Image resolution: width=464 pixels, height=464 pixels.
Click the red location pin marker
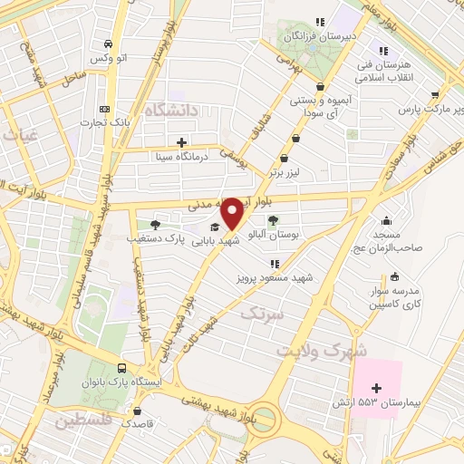[x=232, y=213]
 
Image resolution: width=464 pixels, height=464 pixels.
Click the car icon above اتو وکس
[x=108, y=44]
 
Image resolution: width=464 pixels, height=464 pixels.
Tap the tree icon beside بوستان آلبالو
[x=273, y=220]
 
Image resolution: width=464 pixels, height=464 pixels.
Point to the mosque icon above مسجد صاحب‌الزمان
[x=387, y=220]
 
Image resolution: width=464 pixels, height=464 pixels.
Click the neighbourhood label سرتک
[x=263, y=314]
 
